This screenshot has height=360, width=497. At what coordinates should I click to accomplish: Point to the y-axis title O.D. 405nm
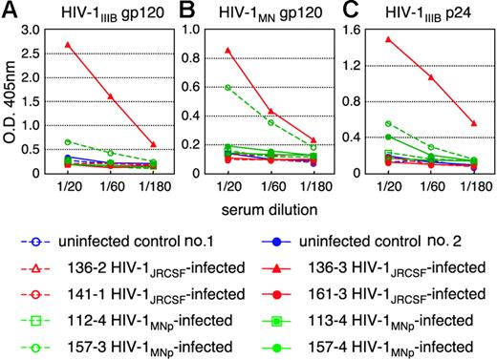tap(12, 101)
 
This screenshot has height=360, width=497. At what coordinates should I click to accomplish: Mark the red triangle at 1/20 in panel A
tap(66, 44)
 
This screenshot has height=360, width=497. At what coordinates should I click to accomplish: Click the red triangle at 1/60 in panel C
tap(428, 76)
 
